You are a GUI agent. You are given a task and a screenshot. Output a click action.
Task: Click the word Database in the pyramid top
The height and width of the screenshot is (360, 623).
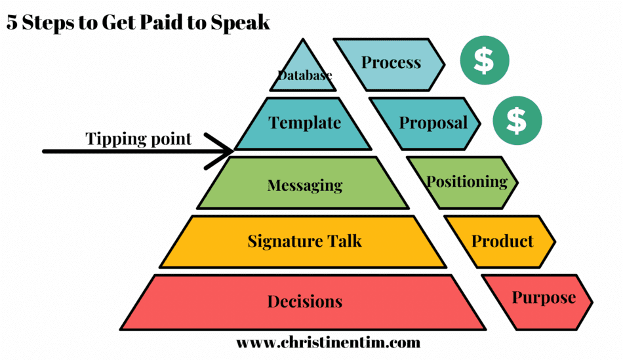click(x=305, y=76)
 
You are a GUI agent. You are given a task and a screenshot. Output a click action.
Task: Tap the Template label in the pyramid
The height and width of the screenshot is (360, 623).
click(x=305, y=123)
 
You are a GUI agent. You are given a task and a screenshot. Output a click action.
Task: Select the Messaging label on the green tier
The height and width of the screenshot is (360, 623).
click(x=305, y=186)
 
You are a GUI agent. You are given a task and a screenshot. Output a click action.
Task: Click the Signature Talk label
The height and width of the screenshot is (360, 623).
click(x=304, y=241)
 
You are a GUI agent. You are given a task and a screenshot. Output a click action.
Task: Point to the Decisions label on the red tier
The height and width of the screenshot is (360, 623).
click(x=304, y=302)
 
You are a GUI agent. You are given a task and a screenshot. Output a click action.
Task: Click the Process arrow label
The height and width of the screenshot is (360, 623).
click(x=391, y=63)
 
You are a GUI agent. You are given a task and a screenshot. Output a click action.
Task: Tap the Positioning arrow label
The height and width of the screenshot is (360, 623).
click(x=467, y=182)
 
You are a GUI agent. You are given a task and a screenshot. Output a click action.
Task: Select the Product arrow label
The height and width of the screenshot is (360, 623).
click(x=502, y=241)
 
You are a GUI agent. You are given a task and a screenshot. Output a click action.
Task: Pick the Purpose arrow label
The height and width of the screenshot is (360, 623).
click(x=544, y=298)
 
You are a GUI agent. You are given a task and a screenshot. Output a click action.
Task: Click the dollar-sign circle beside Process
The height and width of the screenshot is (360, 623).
click(x=484, y=62)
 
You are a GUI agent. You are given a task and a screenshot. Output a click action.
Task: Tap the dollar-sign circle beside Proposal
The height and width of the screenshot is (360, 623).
click(x=517, y=121)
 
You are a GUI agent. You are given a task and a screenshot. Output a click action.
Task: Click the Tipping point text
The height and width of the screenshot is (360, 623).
click(x=138, y=139)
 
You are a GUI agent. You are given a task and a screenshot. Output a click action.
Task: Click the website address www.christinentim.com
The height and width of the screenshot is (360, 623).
click(x=328, y=342)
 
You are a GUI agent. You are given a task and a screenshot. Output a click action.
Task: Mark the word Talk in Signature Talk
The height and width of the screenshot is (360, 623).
click(x=344, y=241)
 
